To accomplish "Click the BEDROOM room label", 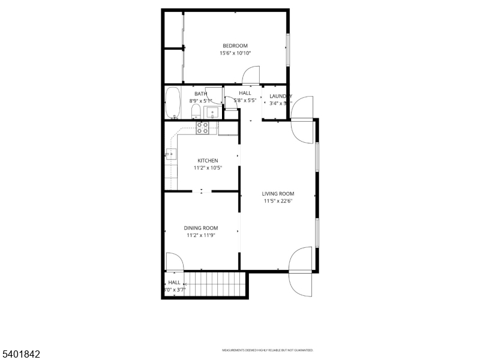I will coord(235,46).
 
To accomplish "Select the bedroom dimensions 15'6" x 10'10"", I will coord(235,53).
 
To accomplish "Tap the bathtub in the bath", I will coord(173,103).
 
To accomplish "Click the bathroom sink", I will coord(212,113).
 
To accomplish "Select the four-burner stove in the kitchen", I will coord(203,127).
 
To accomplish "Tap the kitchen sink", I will coord(172,154).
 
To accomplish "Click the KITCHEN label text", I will coord(208,161).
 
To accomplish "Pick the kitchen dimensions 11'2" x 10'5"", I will coord(208,168).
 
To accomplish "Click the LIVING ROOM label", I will coord(278,194).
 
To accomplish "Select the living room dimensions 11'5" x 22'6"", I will coord(278,201).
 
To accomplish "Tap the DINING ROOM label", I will coord(200,228).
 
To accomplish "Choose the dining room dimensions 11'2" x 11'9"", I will coord(200,235).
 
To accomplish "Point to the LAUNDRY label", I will coord(280,96).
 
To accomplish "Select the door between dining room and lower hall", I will coord(174,262).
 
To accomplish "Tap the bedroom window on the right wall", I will coord(287,50).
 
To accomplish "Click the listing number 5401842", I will coord(21,355).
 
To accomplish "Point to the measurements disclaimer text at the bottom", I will coord(268,350).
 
